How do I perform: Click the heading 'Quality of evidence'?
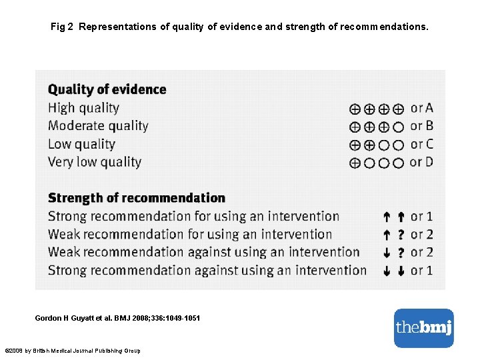tap(107, 89)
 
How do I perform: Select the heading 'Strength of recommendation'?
tap(137, 198)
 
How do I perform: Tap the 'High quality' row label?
tap(83, 107)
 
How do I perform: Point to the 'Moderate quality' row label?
tap(98, 125)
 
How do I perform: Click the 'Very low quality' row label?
tap(95, 162)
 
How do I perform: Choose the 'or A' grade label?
tap(421, 107)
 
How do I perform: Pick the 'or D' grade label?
tap(421, 162)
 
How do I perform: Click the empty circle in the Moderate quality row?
tap(398, 127)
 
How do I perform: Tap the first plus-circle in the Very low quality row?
tap(355, 163)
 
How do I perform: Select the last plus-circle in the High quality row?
tap(398, 109)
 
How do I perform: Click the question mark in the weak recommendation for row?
tap(401, 235)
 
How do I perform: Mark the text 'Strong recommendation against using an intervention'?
tap(207, 270)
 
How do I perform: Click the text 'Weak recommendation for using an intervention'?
tap(190, 234)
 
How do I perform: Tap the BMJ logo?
tap(423, 327)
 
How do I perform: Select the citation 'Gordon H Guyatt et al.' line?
tap(117, 319)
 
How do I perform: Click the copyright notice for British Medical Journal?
tap(73, 351)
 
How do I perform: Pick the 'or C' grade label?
tap(421, 144)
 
